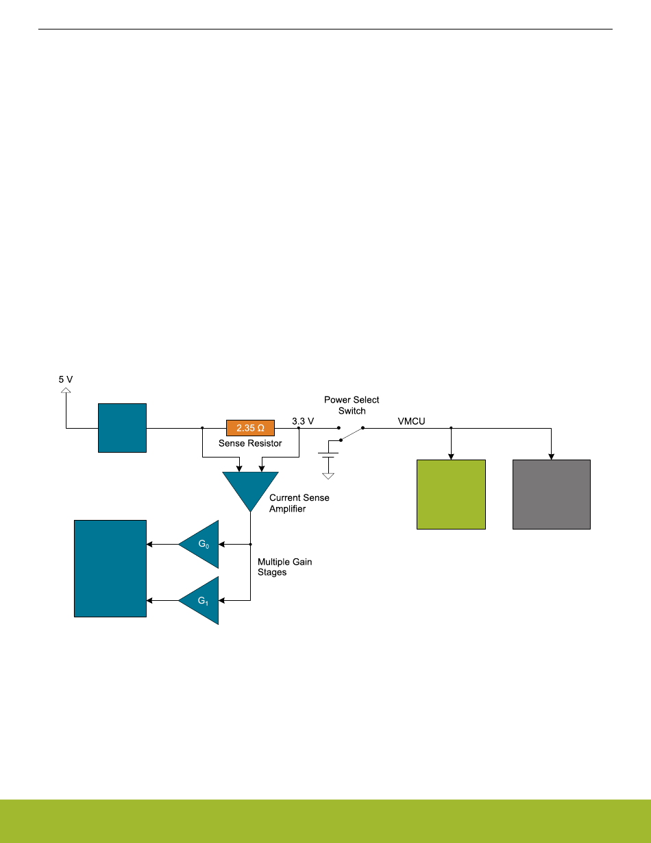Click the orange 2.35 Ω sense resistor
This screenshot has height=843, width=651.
pos(250,428)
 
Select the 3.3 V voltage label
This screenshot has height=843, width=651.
pos(302,420)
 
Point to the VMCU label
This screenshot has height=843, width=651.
pos(412,420)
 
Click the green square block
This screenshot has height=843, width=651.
pos(451,494)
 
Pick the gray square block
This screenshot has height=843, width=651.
pos(552,494)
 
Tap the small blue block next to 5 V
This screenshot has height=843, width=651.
pos(122,428)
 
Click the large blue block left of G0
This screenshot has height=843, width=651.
pos(110,569)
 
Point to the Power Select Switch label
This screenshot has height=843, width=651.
pos(352,405)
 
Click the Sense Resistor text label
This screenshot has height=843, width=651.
pos(250,443)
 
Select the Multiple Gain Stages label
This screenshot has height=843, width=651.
pos(284,567)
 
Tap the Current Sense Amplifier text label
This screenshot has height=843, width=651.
pos(299,503)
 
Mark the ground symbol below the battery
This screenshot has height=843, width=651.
pos(328,475)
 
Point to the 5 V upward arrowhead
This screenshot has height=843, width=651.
pos(66,391)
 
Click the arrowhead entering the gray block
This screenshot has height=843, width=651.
pos(552,455)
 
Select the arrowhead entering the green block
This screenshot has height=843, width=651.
pos(451,455)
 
